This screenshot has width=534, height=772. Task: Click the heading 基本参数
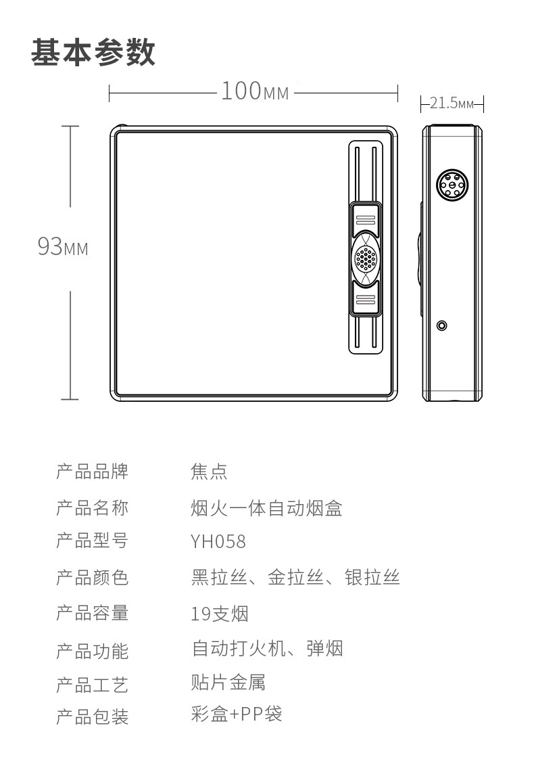(x=93, y=52)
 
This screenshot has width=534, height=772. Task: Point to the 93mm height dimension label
(x=62, y=247)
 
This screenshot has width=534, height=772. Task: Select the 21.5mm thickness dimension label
(x=452, y=104)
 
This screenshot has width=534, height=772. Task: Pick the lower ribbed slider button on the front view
(x=365, y=299)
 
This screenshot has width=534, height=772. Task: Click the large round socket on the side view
(x=451, y=184)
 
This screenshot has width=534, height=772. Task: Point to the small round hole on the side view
(x=442, y=325)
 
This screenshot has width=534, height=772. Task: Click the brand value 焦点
(x=209, y=472)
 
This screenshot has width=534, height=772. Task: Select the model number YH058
(x=218, y=542)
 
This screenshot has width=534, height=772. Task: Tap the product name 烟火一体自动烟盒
(x=267, y=507)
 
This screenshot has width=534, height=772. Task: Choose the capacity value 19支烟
(x=220, y=614)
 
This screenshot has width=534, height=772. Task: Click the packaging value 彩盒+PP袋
(x=237, y=714)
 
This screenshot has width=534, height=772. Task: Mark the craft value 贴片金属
(x=228, y=682)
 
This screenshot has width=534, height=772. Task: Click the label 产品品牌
(x=92, y=472)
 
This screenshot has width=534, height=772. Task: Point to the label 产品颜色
(x=92, y=578)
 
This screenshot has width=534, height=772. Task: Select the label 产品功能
(x=92, y=651)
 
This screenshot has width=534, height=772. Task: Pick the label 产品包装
(x=92, y=716)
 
